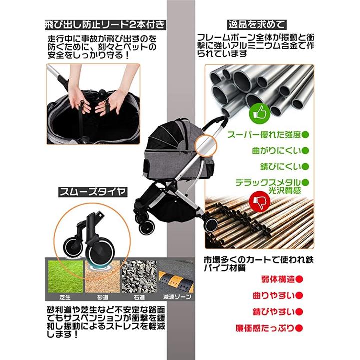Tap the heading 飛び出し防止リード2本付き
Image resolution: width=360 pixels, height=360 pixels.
tap(105, 25)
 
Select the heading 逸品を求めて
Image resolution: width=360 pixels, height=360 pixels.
tap(257, 25)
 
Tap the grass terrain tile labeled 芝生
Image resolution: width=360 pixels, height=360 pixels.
tap(65, 276)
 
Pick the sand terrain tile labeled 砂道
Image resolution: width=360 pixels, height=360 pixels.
tap(102, 276)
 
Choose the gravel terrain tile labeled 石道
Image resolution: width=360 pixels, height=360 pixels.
tap(139, 276)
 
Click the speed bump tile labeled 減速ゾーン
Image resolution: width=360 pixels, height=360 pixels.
tap(176, 276)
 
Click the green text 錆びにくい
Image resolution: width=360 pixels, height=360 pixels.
tap(280, 167)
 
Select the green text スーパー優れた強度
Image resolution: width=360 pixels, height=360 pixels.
tap(264, 135)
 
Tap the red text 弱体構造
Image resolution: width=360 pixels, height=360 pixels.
tap(278, 279)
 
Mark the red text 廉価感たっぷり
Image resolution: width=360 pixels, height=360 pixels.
tap(265, 328)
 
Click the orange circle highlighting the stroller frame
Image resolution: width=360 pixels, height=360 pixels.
tap(206, 145)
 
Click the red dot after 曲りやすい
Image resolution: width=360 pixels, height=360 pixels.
tap(299, 295)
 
